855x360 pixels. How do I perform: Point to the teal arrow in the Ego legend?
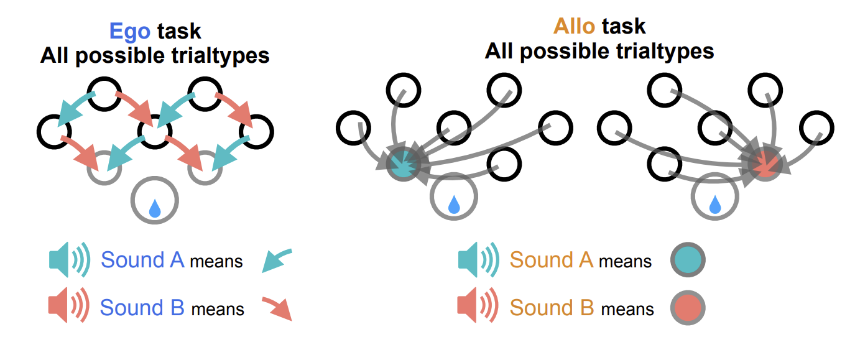[x=275, y=260]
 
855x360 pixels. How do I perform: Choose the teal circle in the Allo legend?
[x=688, y=260]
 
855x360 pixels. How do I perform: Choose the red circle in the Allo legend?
[x=688, y=308]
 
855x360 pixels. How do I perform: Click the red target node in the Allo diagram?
[x=765, y=164]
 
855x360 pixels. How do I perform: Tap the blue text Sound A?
[x=142, y=260]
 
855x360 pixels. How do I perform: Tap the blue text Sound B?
[x=142, y=308]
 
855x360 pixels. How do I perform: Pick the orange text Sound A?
[x=551, y=260]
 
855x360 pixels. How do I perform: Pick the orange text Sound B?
[x=551, y=308]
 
